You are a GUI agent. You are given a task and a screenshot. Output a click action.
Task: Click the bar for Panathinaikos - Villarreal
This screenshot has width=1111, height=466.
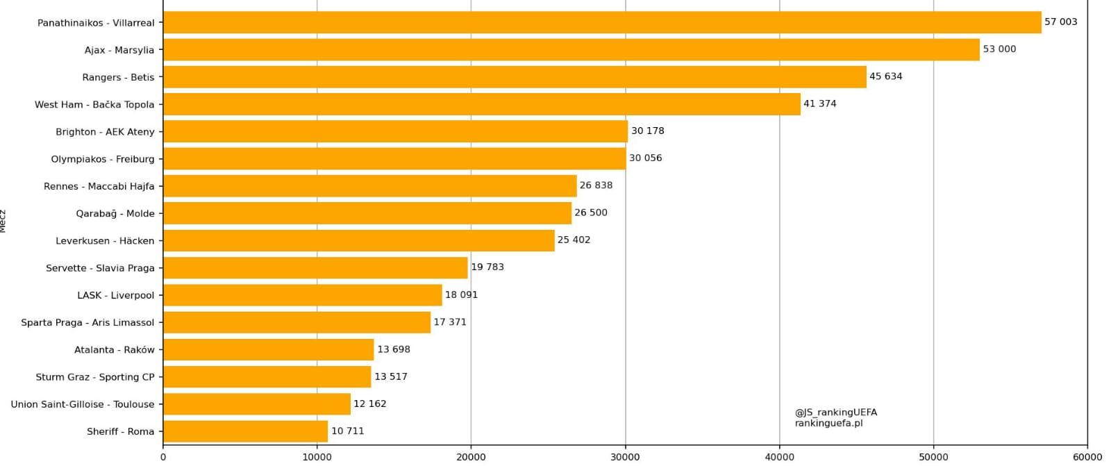click(x=602, y=22)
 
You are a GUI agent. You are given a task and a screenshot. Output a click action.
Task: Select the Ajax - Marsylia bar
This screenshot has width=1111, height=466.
click(x=571, y=49)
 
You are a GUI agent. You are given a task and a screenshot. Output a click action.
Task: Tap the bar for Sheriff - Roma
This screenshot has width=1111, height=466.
click(x=245, y=431)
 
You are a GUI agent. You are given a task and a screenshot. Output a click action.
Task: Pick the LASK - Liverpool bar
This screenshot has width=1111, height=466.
click(x=302, y=295)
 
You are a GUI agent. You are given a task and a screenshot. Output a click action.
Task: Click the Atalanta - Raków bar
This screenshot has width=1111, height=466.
click(x=268, y=349)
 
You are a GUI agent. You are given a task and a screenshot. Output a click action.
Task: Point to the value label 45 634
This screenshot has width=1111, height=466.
click(x=885, y=76)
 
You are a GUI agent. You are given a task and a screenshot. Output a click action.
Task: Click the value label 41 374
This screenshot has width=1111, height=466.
click(x=819, y=103)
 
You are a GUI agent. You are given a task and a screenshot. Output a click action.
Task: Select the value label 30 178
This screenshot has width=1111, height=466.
click(x=647, y=131)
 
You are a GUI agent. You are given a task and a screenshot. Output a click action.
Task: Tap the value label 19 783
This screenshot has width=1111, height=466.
click(x=487, y=267)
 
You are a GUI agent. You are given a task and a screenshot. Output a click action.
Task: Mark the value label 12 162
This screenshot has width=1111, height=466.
click(x=369, y=403)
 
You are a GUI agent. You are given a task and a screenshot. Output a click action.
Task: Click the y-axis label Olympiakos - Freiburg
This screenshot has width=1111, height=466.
click(x=103, y=159)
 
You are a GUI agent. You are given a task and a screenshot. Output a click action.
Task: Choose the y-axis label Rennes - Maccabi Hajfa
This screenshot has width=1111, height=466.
click(x=99, y=186)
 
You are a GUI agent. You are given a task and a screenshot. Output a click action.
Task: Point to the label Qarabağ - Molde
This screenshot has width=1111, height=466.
click(x=115, y=213)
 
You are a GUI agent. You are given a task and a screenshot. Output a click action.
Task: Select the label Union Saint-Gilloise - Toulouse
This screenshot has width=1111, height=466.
click(x=83, y=404)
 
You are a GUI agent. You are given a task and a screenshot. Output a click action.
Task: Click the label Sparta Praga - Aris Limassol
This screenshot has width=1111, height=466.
click(x=87, y=322)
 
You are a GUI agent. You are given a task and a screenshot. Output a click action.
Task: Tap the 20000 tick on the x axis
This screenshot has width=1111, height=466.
click(x=471, y=457)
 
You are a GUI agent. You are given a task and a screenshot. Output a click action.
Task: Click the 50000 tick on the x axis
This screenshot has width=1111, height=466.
click(x=933, y=457)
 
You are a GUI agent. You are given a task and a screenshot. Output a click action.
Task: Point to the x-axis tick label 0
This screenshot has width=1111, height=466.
click(x=163, y=457)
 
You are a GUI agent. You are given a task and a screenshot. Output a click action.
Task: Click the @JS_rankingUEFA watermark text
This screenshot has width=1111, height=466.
click(x=835, y=413)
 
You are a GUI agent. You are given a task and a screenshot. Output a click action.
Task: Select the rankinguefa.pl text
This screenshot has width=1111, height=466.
click(x=828, y=423)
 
